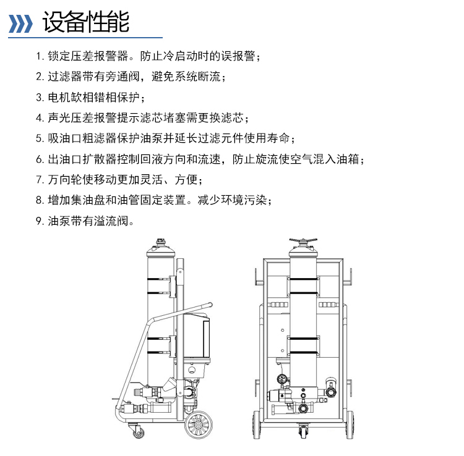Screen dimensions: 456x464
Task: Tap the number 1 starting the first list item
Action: click(38, 57)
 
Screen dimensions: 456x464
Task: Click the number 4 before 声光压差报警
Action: click(39, 118)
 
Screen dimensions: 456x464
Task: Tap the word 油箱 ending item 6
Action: click(352, 159)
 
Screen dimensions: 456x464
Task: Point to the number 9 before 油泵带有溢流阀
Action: click(39, 220)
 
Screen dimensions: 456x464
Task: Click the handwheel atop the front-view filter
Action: click(303, 240)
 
